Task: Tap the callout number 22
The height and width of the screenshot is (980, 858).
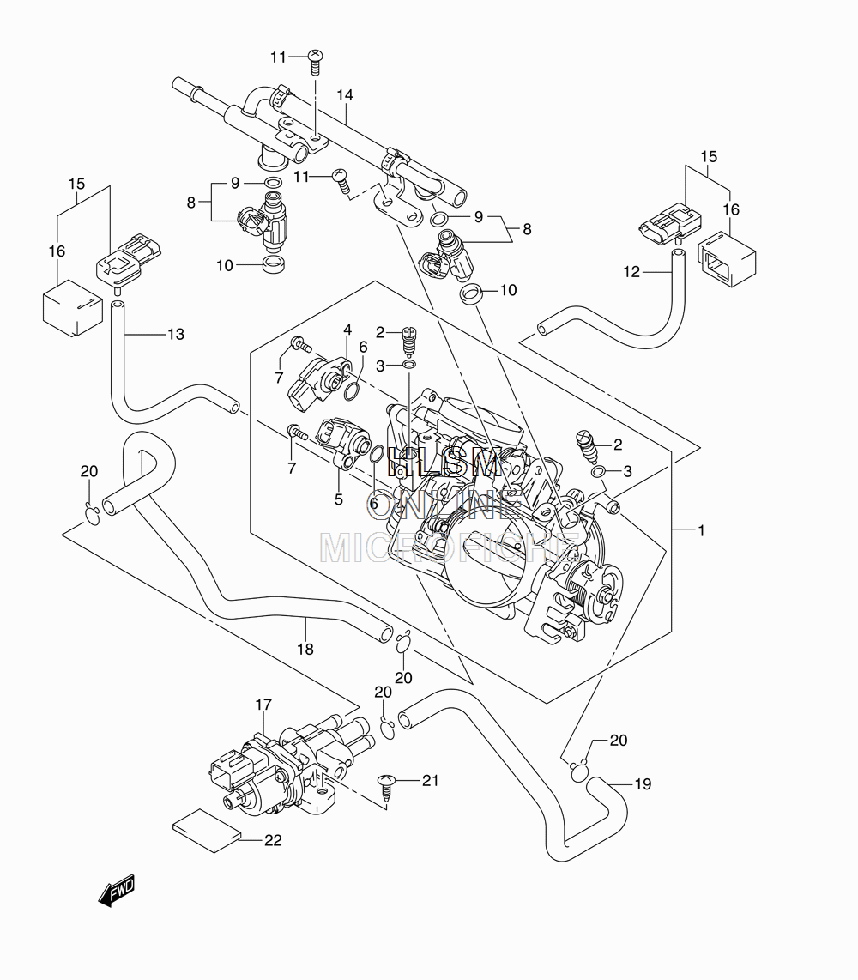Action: coord(273,841)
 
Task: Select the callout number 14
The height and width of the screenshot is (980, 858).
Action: coord(345,95)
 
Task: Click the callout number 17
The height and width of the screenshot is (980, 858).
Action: coord(263,705)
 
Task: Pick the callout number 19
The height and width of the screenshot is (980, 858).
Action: coord(643,783)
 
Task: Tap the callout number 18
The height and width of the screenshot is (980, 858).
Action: coord(305,650)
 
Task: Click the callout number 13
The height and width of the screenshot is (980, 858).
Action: coord(176,335)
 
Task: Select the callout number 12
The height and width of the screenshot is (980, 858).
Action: coord(631,272)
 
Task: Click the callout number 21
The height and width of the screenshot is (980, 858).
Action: coord(430,781)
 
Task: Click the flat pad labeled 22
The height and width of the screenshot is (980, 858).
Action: coord(207,831)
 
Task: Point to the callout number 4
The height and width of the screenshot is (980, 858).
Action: coord(347,330)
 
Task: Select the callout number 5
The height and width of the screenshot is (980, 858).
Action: coord(339,499)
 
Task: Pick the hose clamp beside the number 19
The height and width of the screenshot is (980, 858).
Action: coord(580,771)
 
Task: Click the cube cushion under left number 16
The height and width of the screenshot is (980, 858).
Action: coord(72,310)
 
